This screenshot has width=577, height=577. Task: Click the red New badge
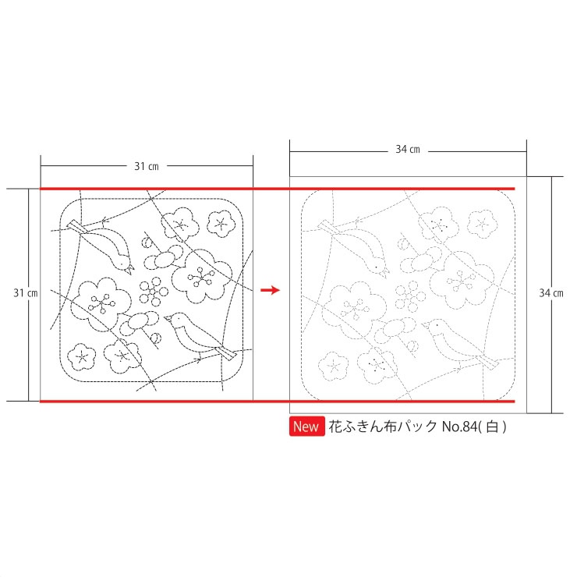coord(307,427)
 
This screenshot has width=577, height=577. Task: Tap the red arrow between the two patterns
coord(270,290)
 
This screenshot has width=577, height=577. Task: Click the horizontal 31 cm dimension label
coord(147,166)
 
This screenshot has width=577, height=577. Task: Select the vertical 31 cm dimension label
coord(26,293)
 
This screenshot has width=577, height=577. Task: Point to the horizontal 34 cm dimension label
coord(408,150)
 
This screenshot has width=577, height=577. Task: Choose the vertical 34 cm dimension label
coord(551,293)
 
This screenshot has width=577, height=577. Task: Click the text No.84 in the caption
coord(459,427)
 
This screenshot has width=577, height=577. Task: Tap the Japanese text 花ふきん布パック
coord(383,427)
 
